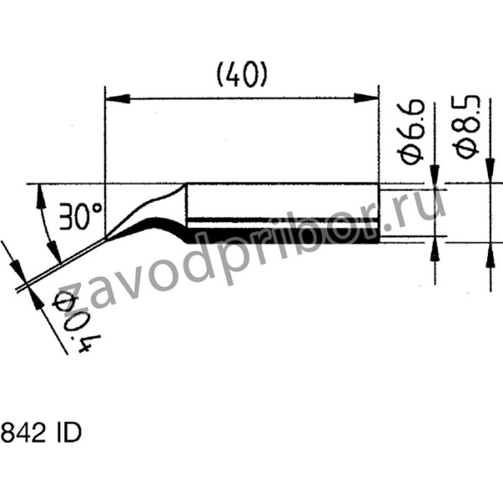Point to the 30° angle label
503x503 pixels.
coord(80,219)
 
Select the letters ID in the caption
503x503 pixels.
coord(68,436)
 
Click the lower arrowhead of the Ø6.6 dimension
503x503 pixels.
coord(434,248)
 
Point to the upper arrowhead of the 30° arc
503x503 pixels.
coord(39,196)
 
